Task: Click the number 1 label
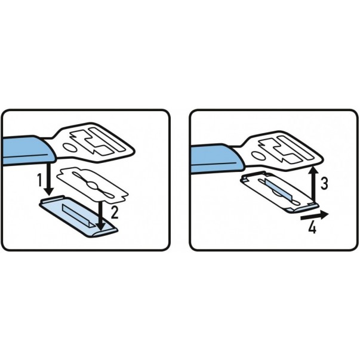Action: pos(40,180)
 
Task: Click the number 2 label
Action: pos(115,213)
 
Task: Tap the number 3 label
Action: pos(324,183)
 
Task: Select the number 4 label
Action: pos(312,228)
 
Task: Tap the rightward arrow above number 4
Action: pos(315,216)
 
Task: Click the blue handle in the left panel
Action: pos(27,150)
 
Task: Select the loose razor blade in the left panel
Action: pos(93,186)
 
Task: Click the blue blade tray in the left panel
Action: pos(79,216)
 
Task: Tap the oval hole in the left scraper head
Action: pos(70,147)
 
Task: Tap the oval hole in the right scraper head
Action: pos(259,156)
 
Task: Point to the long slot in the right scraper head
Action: pos(296,147)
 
